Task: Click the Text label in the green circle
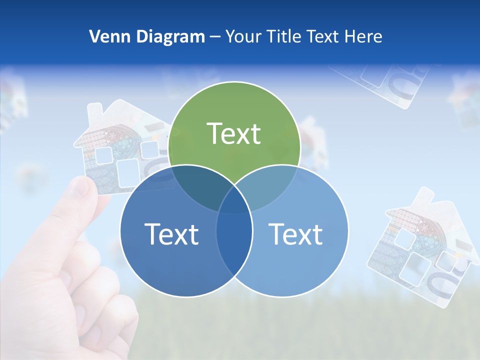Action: click(x=234, y=133)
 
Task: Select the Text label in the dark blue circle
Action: click(x=171, y=234)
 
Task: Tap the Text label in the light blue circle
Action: click(x=296, y=234)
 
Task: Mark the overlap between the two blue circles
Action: click(x=234, y=235)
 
